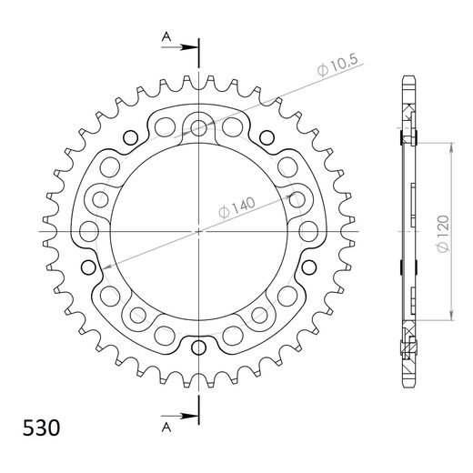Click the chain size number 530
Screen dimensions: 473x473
(x=39, y=428)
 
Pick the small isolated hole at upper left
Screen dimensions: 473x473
(x=130, y=138)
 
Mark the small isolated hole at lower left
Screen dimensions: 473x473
(x=89, y=267)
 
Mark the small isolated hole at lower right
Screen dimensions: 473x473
(x=308, y=267)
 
